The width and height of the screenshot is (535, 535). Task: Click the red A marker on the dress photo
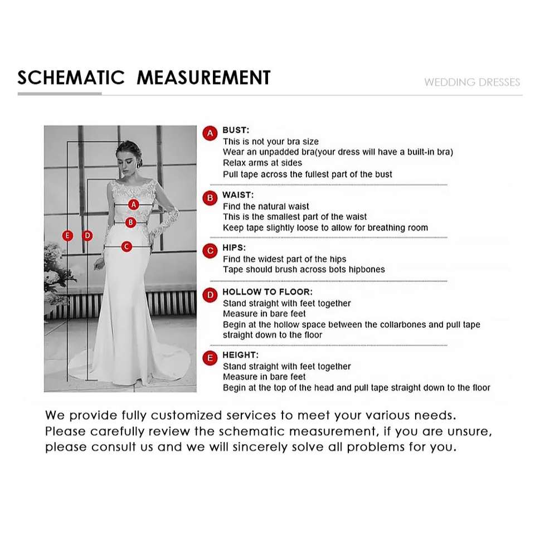pyautogui.click(x=133, y=205)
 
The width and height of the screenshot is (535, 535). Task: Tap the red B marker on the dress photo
pyautogui.click(x=130, y=222)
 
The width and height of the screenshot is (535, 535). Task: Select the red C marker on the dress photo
pyautogui.click(x=127, y=246)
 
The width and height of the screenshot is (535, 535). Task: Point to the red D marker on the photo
pyautogui.click(x=87, y=235)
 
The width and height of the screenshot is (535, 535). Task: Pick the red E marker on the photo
pyautogui.click(x=67, y=235)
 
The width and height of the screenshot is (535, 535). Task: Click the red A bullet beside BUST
pyautogui.click(x=210, y=133)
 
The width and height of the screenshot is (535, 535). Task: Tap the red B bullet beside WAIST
pyautogui.click(x=210, y=198)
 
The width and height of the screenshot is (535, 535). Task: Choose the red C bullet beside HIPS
pyautogui.click(x=210, y=251)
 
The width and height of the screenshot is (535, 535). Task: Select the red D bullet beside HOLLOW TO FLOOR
pyautogui.click(x=210, y=295)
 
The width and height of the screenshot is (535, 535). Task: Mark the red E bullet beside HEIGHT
pyautogui.click(x=210, y=358)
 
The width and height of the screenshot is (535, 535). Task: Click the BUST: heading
pyautogui.click(x=236, y=130)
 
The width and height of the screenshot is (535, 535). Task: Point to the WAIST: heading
pyautogui.click(x=238, y=195)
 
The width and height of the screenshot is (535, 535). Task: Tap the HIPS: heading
pyautogui.click(x=234, y=247)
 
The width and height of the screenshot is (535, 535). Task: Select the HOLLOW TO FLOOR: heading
pyautogui.click(x=267, y=292)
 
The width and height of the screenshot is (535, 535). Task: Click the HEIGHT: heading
pyautogui.click(x=241, y=355)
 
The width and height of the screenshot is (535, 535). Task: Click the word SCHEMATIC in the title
pyautogui.click(x=71, y=77)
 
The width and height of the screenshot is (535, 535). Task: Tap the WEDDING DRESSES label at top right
pyautogui.click(x=472, y=82)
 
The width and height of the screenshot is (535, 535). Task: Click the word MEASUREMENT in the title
pyautogui.click(x=203, y=77)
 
